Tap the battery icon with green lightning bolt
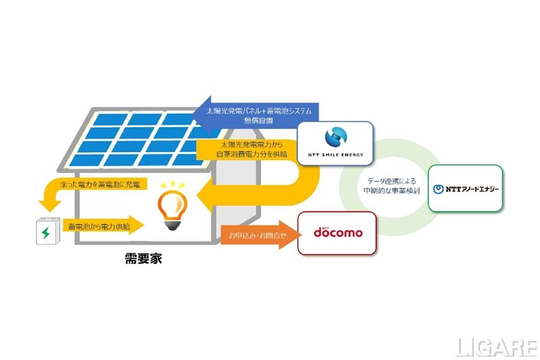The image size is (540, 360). click(x=45, y=232)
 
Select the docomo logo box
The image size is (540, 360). click(x=336, y=233)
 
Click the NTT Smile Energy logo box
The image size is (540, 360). click(x=335, y=143)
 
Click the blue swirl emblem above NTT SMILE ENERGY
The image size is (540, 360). click(x=335, y=137)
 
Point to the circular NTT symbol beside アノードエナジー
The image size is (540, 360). click(x=437, y=189)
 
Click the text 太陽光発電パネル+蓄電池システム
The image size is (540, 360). click(x=261, y=109)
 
